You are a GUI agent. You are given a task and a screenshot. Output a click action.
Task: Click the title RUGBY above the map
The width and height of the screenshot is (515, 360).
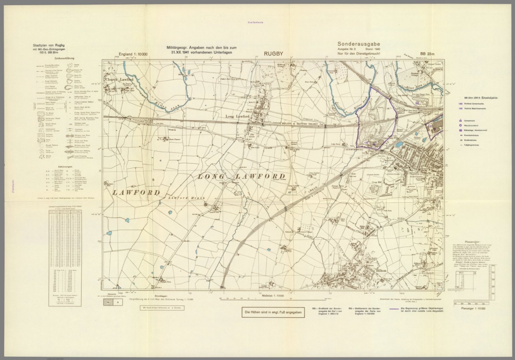[x=273, y=53]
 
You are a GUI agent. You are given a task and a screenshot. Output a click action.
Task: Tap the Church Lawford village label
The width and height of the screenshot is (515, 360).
[x=119, y=79]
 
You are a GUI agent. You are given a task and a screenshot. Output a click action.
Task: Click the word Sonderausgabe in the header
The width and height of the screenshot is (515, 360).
[x=358, y=44]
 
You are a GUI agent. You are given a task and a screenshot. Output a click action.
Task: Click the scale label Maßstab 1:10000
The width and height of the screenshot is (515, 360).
[x=273, y=295]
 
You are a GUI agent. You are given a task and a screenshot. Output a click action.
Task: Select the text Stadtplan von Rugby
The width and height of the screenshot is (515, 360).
[x=49, y=46]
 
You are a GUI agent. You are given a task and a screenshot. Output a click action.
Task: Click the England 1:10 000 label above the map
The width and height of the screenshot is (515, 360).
[x=133, y=54]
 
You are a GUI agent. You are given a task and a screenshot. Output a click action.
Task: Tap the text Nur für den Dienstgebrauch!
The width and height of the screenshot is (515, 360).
[x=358, y=53]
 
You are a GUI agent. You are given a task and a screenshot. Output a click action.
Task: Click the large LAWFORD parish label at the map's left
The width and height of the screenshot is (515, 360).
[x=135, y=192]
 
